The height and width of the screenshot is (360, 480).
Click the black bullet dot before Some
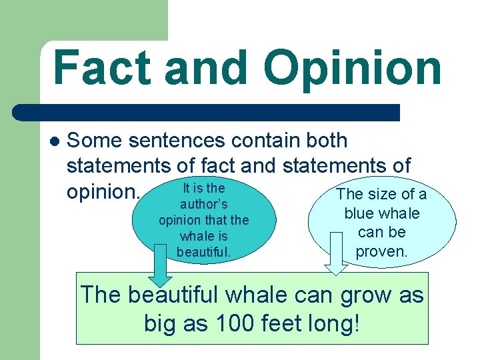coord(55,141)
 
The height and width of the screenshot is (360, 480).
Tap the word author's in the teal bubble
coord(204,204)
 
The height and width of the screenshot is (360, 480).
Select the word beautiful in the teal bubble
coord(204,252)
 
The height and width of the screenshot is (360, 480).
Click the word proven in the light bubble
coord(381,251)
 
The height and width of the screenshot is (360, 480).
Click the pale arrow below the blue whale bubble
coord(337,261)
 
